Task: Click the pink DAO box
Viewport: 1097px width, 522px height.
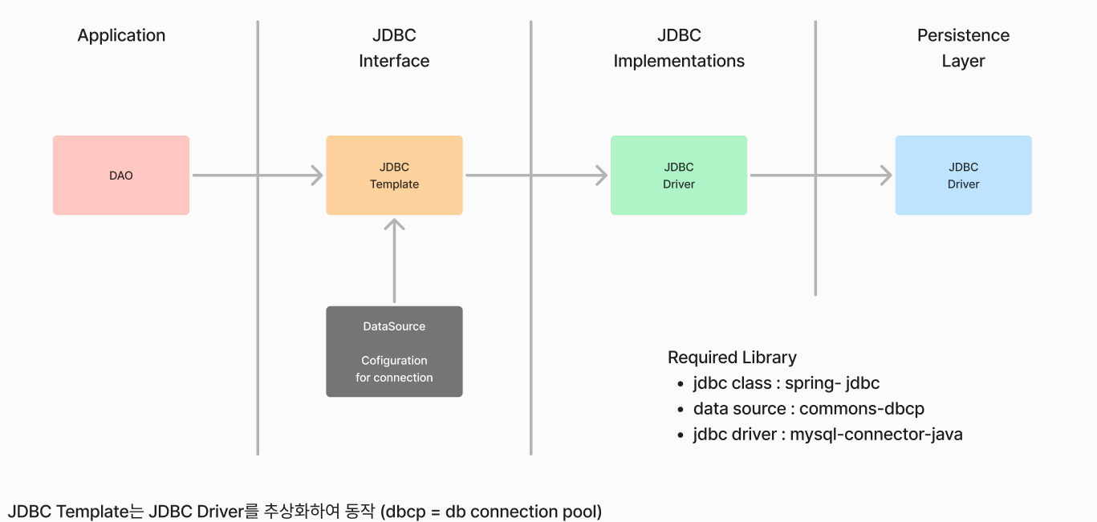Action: pyautogui.click(x=121, y=175)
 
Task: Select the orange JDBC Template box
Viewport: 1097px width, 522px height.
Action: pyautogui.click(x=394, y=175)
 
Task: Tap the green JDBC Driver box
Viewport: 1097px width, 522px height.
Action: pyautogui.click(x=679, y=175)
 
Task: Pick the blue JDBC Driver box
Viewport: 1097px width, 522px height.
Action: pyautogui.click(x=963, y=175)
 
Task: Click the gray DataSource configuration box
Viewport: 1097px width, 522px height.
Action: pyautogui.click(x=394, y=351)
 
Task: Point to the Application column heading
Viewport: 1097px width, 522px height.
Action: pyautogui.click(x=121, y=36)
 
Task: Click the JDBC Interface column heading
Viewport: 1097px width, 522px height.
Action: pyautogui.click(x=394, y=48)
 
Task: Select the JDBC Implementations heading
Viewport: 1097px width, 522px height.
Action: pyautogui.click(x=679, y=48)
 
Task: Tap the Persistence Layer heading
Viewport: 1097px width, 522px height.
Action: pyautogui.click(x=963, y=48)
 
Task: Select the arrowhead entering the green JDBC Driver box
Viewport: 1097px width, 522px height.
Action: pyautogui.click(x=603, y=175)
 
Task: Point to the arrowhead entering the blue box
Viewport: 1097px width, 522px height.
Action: pyautogui.click(x=887, y=175)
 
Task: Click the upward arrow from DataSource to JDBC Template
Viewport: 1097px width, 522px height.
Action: pyautogui.click(x=394, y=261)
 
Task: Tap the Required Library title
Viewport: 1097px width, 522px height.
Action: pyautogui.click(x=732, y=358)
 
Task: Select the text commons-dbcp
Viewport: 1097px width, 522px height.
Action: pyautogui.click(x=861, y=408)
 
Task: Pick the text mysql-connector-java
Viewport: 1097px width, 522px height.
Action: pyautogui.click(x=876, y=435)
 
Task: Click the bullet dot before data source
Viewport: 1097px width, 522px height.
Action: pyautogui.click(x=681, y=410)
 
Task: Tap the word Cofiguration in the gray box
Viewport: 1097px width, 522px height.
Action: pyautogui.click(x=394, y=361)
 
